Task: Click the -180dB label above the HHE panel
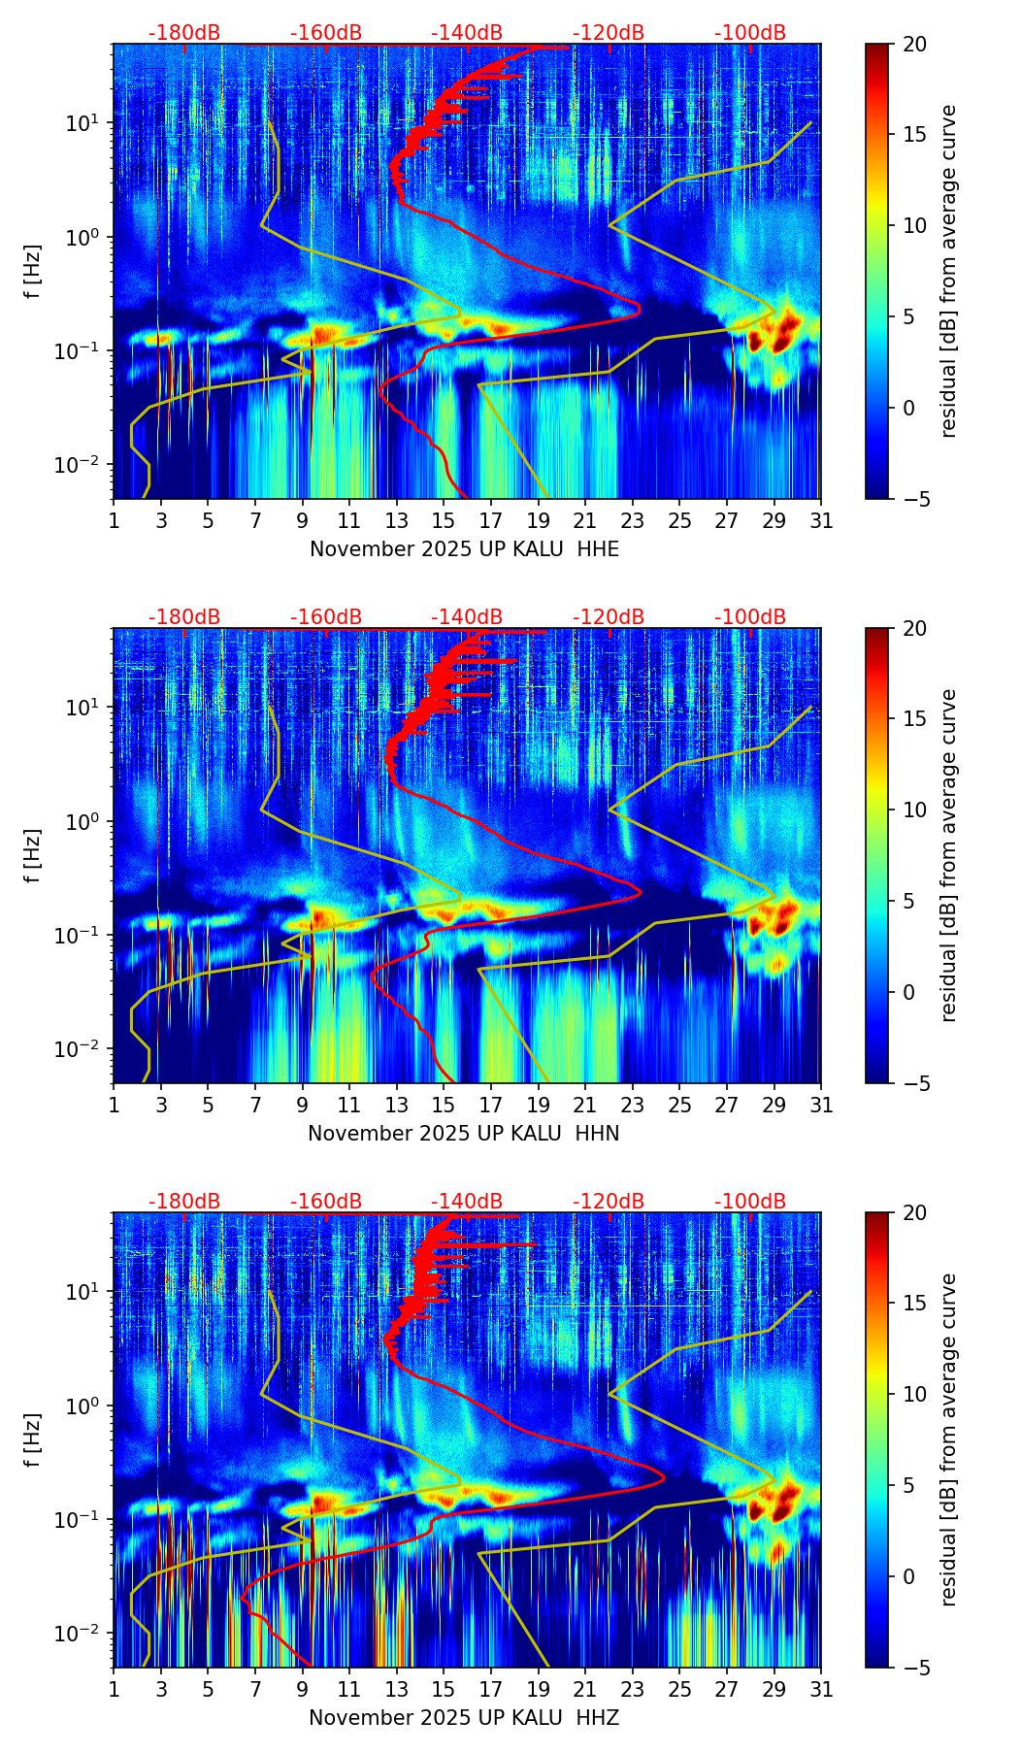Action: coord(184,33)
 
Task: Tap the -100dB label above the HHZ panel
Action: coord(750,1202)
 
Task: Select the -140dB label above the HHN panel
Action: coord(467,617)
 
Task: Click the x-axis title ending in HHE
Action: coord(464,549)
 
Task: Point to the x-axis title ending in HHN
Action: coord(464,1134)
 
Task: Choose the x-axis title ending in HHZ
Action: coord(464,1718)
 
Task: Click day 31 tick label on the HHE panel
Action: coord(821,520)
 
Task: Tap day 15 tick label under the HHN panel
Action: coord(444,1105)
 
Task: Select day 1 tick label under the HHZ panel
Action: coord(115,1689)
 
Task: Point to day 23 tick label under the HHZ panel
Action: coord(632,1689)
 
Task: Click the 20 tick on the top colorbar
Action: coord(914,45)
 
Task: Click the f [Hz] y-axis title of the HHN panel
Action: coord(33,855)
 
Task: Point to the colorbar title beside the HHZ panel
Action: coord(948,1439)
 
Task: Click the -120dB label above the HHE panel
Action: coord(609,33)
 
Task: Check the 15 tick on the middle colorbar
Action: coord(914,719)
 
